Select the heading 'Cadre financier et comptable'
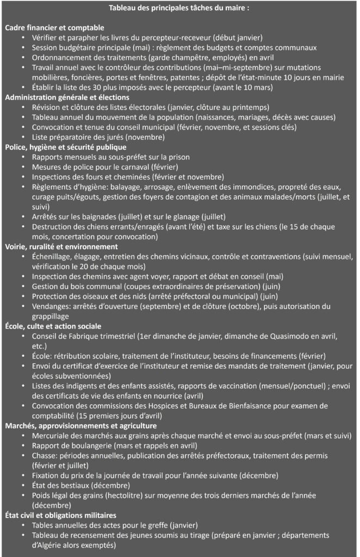pos(54,27)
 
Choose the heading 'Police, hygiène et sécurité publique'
pos(65,147)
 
